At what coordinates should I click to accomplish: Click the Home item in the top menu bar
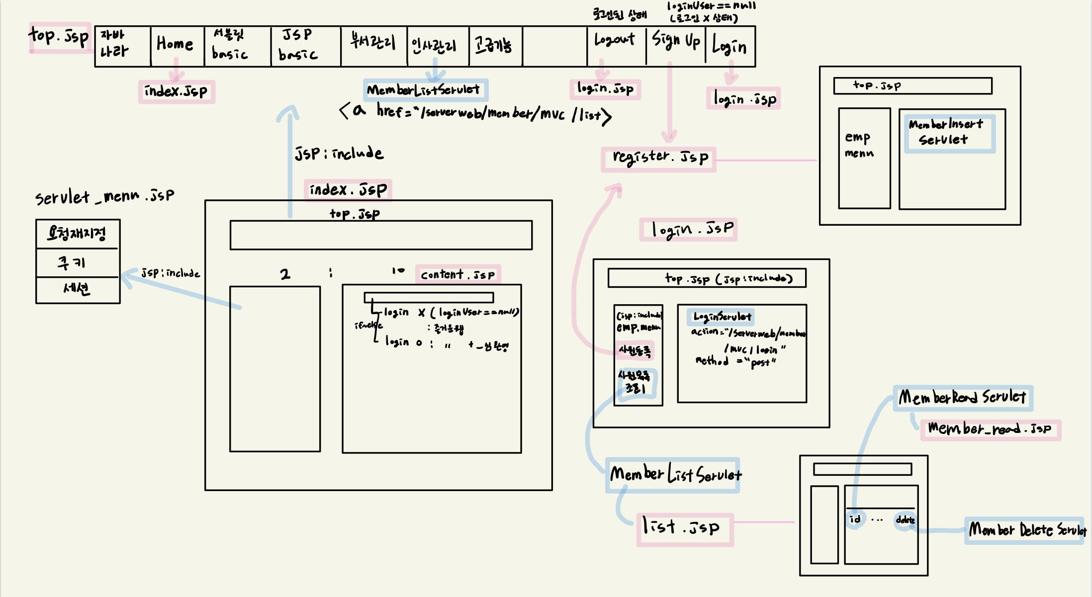[175, 44]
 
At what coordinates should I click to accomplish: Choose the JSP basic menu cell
[298, 45]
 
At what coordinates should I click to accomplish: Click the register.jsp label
[659, 158]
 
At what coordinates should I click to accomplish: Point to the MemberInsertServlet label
[946, 132]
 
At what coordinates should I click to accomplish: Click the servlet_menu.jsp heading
[104, 197]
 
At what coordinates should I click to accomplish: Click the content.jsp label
[457, 274]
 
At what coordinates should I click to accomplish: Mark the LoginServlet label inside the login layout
[722, 317]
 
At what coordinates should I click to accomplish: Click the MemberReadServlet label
[962, 397]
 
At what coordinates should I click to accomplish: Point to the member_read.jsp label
[990, 429]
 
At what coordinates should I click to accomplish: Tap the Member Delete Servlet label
[1026, 530]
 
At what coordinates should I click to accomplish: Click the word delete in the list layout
[905, 520]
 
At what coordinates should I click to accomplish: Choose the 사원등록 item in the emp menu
[635, 351]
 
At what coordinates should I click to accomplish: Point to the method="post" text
[736, 361]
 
